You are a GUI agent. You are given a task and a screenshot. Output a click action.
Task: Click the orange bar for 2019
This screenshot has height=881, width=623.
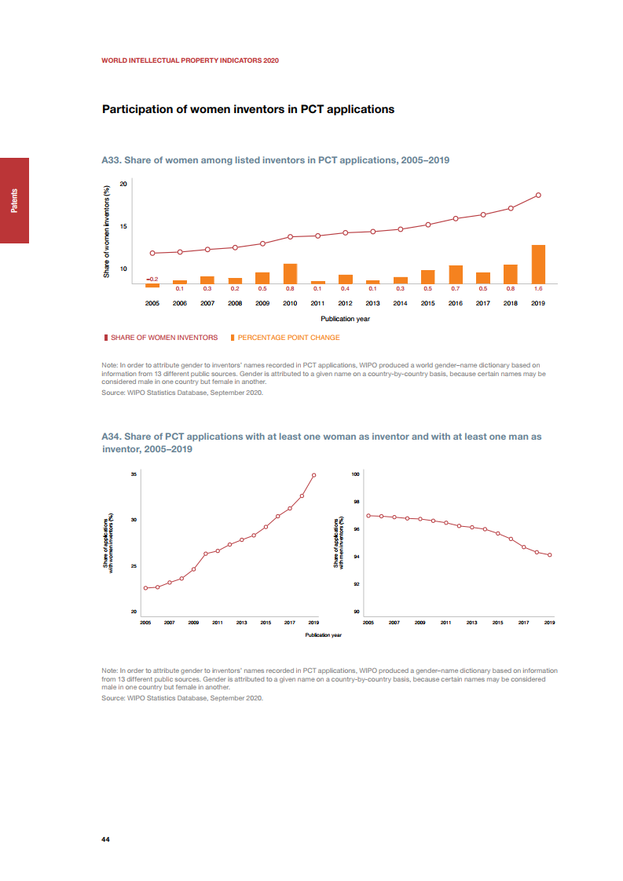[x=538, y=264]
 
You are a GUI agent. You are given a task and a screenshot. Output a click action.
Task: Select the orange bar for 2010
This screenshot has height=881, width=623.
[x=290, y=273]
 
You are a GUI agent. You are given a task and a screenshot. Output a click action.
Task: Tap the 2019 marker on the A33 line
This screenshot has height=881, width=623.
[x=538, y=195]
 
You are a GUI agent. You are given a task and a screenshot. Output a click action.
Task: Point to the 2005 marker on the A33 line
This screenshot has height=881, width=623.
[x=152, y=253]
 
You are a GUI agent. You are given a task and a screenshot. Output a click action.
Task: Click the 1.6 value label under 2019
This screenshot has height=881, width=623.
[x=538, y=289]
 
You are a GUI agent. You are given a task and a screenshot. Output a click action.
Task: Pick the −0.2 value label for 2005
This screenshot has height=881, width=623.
[x=152, y=279]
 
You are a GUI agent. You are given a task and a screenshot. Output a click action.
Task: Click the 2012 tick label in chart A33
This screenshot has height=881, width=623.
[x=345, y=302]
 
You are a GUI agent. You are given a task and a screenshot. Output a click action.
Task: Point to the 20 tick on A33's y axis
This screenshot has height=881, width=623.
[x=123, y=184]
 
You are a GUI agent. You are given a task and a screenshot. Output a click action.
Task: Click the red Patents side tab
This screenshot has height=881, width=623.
[x=14, y=200]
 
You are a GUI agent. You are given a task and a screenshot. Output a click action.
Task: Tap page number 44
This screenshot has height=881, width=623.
[x=105, y=839]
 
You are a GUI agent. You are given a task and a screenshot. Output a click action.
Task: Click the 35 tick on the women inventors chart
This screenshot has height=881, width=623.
[x=134, y=474]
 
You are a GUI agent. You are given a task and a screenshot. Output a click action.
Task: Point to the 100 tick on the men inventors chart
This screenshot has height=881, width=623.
[x=356, y=474]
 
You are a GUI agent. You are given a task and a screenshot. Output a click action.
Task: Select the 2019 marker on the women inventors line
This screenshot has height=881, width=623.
[x=313, y=475]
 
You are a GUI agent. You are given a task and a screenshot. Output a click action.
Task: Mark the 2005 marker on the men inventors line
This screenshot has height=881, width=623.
[x=368, y=516]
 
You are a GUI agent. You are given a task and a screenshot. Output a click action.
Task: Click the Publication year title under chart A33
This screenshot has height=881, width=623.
[x=345, y=319]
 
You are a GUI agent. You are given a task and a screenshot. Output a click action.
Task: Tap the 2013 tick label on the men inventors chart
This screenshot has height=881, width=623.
[x=471, y=622]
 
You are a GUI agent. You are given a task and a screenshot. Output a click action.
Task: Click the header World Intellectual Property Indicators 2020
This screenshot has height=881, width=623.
[x=190, y=60]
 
